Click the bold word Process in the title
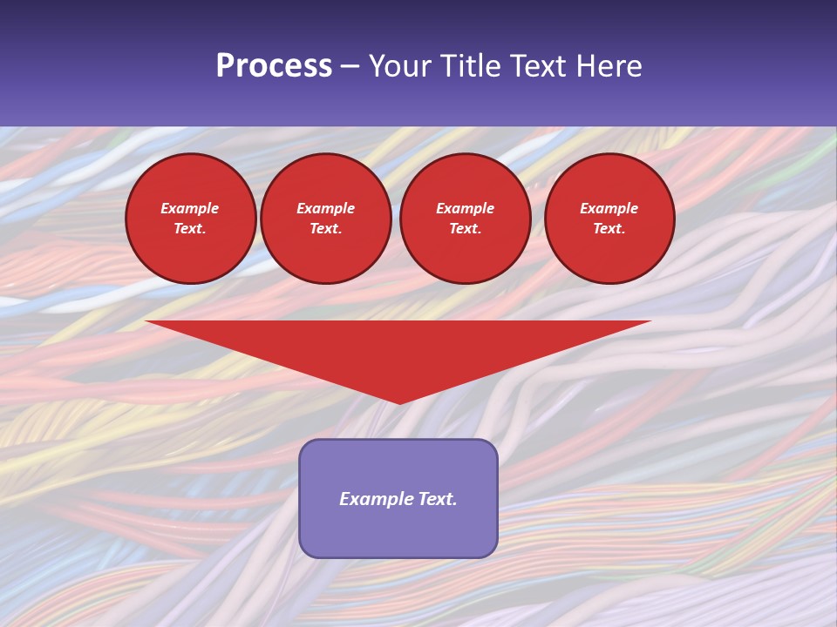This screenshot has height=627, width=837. (274, 66)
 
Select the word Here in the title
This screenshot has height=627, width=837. (609, 66)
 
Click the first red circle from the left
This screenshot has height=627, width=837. (190, 219)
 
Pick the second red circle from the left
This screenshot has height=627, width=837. (325, 219)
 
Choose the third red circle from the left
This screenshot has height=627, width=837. (465, 219)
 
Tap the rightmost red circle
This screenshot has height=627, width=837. (609, 219)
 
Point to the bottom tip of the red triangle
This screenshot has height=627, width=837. (399, 402)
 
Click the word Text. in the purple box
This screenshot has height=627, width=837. (437, 499)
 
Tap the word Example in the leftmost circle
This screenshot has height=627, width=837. (190, 208)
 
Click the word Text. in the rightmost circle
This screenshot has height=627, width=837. (609, 228)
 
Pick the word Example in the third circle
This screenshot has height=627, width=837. (465, 208)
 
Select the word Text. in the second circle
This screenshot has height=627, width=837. (325, 228)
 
